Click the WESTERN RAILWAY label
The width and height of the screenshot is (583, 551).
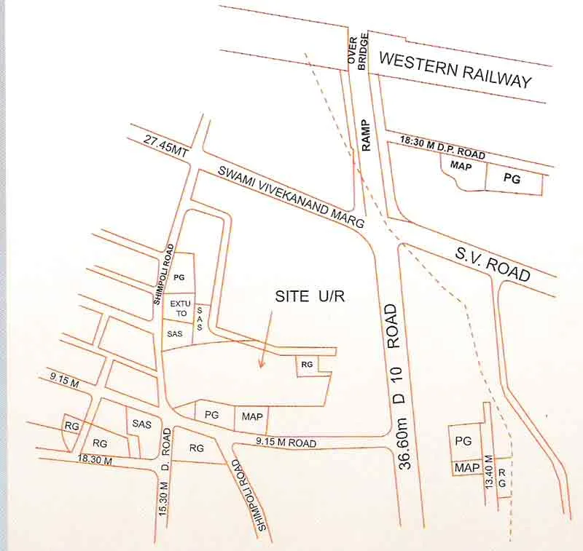(x=455, y=70)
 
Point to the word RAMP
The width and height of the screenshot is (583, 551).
(x=366, y=135)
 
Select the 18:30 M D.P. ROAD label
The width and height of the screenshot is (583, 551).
(x=442, y=150)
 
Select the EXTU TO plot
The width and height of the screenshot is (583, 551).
(x=179, y=306)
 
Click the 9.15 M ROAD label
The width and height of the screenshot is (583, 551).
(x=286, y=442)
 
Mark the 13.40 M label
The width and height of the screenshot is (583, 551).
(x=490, y=471)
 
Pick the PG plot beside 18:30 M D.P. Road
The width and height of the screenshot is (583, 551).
(x=512, y=178)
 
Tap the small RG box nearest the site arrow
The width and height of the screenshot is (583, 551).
(x=306, y=363)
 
